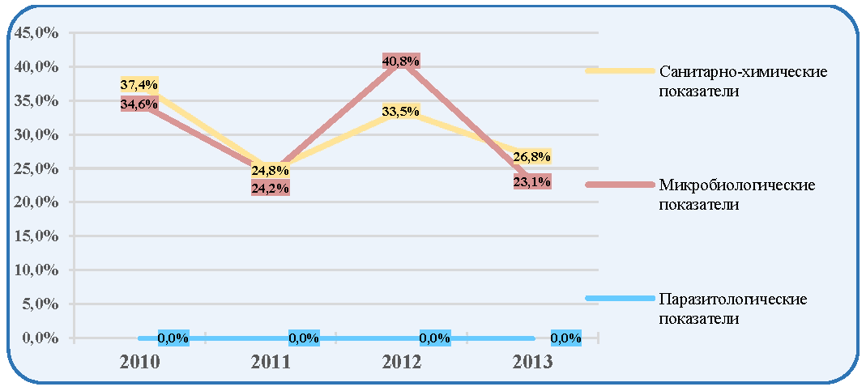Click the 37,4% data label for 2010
(x=139, y=84)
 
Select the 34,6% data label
(x=139, y=104)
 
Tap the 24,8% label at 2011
(x=271, y=169)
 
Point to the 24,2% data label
(x=271, y=188)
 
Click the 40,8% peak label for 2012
(x=401, y=61)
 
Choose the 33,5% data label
(x=401, y=111)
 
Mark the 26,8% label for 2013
(x=532, y=156)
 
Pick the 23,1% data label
(x=532, y=181)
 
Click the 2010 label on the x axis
(x=139, y=363)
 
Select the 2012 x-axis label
(x=402, y=363)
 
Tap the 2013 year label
(x=532, y=363)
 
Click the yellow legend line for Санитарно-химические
(x=620, y=70)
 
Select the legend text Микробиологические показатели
(x=737, y=194)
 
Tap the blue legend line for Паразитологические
(x=620, y=299)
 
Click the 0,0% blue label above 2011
(x=305, y=338)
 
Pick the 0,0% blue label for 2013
(x=566, y=338)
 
